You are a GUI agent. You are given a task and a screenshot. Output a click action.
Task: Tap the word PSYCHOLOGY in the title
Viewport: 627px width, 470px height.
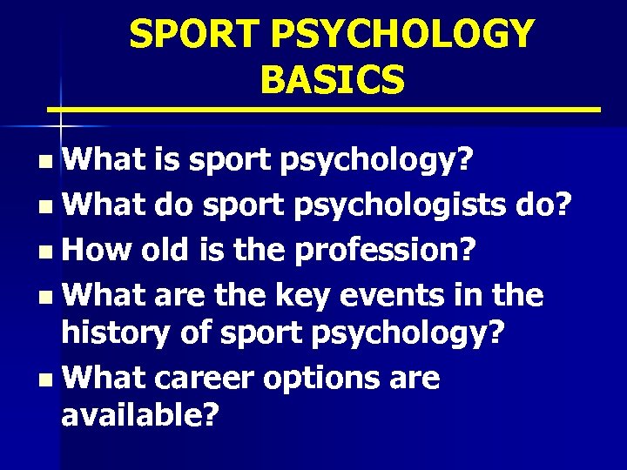click(x=401, y=35)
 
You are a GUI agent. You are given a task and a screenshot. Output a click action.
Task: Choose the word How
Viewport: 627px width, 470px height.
click(x=95, y=251)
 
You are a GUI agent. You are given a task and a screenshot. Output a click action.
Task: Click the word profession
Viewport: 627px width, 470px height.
click(x=384, y=252)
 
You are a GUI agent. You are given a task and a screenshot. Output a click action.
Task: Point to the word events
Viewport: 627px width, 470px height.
click(x=405, y=297)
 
